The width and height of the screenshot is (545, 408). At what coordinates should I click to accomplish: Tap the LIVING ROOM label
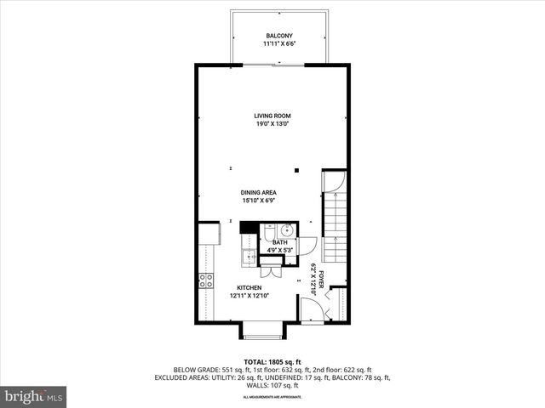(272, 116)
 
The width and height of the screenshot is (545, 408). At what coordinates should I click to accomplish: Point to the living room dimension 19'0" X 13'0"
(272, 124)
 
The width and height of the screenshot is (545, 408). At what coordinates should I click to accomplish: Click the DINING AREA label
(259, 193)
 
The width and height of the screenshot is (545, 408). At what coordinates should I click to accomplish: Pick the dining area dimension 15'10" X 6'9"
(259, 201)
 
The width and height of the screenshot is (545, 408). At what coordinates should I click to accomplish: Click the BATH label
(279, 242)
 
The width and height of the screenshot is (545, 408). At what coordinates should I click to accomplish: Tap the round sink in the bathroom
(289, 229)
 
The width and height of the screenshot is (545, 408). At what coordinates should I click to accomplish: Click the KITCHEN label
(249, 288)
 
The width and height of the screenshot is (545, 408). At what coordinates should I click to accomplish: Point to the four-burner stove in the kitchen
(206, 280)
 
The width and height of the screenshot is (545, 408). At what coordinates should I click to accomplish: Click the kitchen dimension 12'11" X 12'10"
(249, 296)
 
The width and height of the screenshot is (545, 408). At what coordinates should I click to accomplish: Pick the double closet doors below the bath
(271, 270)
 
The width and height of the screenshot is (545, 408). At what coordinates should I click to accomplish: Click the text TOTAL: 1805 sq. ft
(272, 362)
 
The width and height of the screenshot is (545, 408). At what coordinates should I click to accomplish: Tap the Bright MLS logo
(34, 396)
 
